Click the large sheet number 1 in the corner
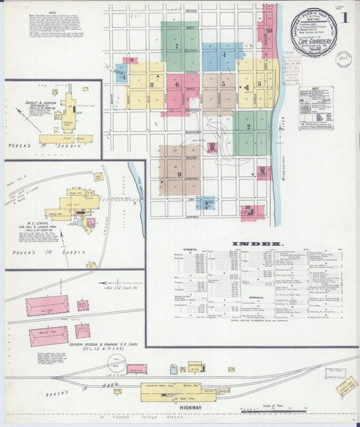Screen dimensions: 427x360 [345, 18]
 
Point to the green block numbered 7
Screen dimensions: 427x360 [177, 47]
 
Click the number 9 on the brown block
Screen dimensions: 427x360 [180, 174]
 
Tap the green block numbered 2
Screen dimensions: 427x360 [249, 126]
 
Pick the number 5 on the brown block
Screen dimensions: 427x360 [223, 84]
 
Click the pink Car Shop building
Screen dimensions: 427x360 [47, 305]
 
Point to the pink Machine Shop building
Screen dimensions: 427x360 [49, 336]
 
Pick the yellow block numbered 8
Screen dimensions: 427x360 [152, 84]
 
